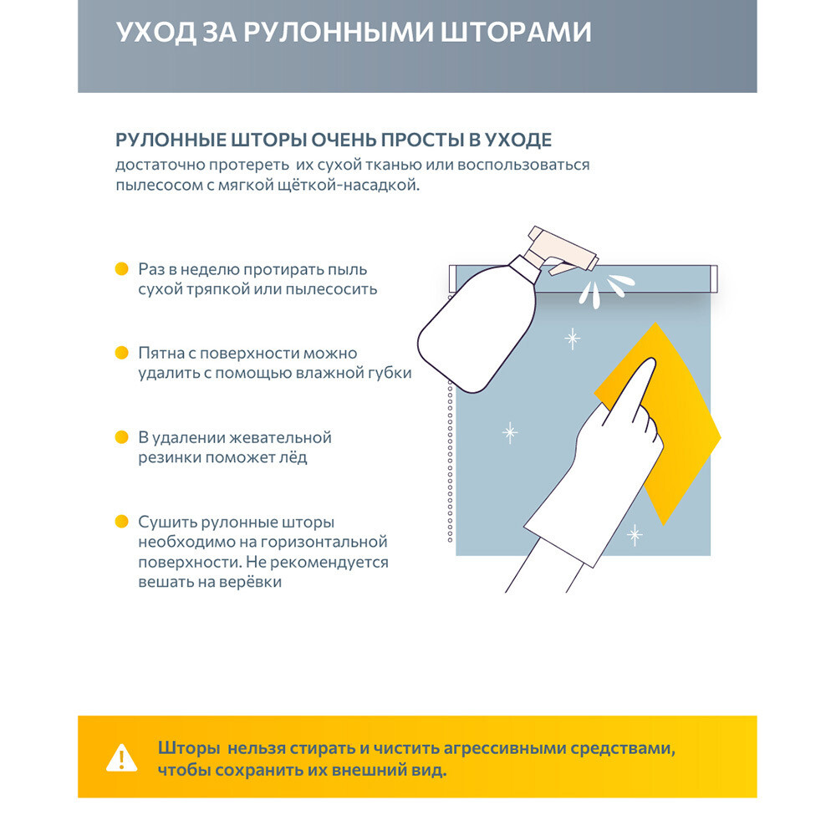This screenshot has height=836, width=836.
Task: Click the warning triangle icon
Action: [x=122, y=757]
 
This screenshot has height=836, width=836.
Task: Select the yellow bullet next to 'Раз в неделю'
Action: [x=121, y=269]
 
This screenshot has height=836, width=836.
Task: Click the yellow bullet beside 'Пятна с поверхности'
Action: [x=121, y=353]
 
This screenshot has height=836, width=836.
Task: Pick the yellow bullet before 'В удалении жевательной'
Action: [x=121, y=436]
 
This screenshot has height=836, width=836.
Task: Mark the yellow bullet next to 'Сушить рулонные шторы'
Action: [x=121, y=521]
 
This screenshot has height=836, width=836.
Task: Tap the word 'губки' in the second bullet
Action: [x=390, y=374]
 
